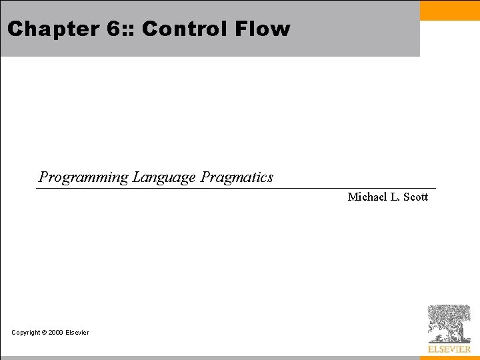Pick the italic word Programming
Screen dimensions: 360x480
[x=83, y=177]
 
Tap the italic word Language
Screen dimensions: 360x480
[x=164, y=177]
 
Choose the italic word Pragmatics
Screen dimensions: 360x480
[x=237, y=177]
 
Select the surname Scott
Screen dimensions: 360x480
[x=415, y=197]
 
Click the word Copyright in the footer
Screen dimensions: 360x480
[x=26, y=333]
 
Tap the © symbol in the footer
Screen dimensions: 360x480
[x=45, y=333]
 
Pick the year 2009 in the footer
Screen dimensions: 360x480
[x=56, y=333]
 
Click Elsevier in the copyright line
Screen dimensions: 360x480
[x=77, y=333]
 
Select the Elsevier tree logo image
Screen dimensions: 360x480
[x=449, y=323]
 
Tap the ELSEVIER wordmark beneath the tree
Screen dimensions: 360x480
[x=449, y=349]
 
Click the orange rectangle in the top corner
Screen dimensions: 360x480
[x=449, y=10]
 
